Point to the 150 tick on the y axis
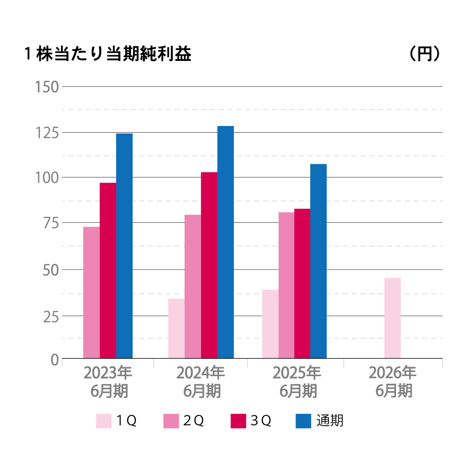pos(46,87)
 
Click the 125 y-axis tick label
pos(46,133)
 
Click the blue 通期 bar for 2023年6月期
pos(125,245)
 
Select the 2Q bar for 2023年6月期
pos(92,293)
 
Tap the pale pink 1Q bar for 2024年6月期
pos(177,328)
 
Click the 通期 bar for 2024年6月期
pos(226,242)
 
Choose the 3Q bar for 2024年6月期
pos(209,265)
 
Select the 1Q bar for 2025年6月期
pos(270,324)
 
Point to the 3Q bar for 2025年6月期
pos(303,283)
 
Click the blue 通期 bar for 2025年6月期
pos(319,261)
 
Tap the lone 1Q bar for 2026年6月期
pos(393,318)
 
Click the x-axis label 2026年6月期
pos(393,382)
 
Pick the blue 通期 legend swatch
pos(303,421)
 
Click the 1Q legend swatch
pos(104,421)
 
